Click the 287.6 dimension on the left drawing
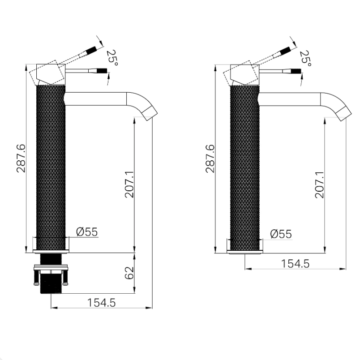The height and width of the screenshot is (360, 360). pos(21,158)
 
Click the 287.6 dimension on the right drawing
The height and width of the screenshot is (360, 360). pos(210,159)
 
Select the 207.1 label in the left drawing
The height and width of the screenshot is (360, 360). pos(129,184)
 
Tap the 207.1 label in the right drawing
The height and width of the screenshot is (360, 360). pos(319,185)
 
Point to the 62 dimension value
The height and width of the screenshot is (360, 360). pos(129,273)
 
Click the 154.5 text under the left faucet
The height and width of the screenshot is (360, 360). pos(101,303)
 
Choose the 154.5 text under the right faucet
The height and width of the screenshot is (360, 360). pos(295,264)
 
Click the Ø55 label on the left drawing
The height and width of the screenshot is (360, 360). pos(87,231)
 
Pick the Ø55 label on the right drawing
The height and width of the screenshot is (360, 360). pos(281,234)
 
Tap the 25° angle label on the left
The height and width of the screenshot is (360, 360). pos(112,58)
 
